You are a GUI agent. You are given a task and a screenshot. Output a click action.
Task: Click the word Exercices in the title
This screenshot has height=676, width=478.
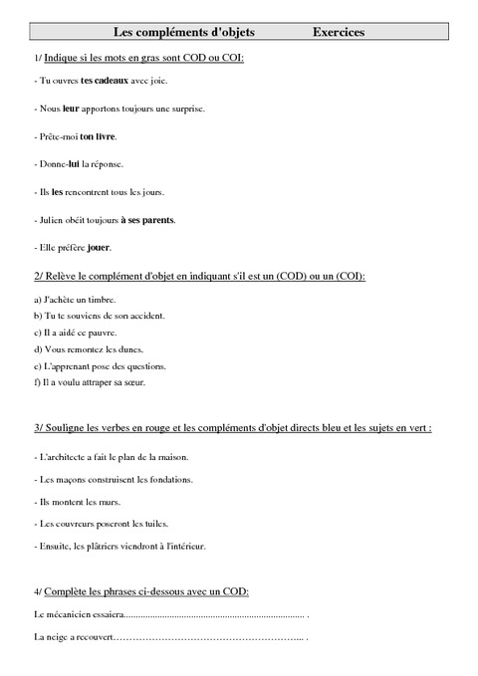pos(338,33)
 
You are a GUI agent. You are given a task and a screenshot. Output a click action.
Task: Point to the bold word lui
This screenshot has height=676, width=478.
pos(74,162)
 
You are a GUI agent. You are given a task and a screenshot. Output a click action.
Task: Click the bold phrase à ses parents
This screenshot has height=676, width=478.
pos(147,219)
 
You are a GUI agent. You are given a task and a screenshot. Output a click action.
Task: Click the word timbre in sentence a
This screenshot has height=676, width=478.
pos(103,299)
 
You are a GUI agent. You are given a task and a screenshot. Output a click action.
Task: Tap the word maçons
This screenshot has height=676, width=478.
pos(68,480)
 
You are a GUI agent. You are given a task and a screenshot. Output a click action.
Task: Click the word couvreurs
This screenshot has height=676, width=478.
pos(73,524)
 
